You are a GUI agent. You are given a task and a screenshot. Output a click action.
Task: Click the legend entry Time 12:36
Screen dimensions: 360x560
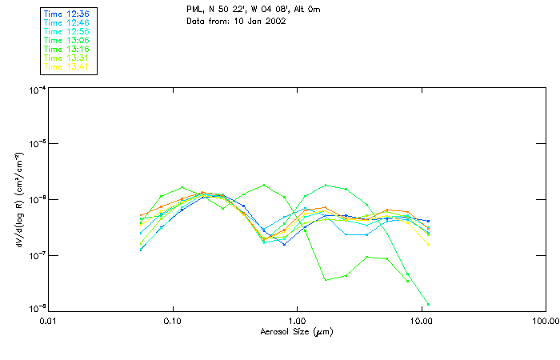[x=66, y=14]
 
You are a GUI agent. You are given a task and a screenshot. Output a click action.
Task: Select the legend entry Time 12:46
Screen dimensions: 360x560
[x=66, y=22]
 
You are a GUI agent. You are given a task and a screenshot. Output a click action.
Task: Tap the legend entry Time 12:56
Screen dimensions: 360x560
[x=66, y=31]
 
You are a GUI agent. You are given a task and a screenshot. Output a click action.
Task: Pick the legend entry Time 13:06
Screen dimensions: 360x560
[x=66, y=40]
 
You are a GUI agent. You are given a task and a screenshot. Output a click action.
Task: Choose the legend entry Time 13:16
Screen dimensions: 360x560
[x=66, y=49]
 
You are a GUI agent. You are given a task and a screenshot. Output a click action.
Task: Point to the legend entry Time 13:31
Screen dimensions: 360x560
[x=66, y=58]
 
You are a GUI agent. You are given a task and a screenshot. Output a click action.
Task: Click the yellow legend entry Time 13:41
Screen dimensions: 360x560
[x=66, y=66]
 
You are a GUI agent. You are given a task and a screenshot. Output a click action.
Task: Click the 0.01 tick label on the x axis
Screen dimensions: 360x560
[x=49, y=321]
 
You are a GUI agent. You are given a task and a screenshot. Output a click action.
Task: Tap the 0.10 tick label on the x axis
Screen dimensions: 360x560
[x=173, y=321]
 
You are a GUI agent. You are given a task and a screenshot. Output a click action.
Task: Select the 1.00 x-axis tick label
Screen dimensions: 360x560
[x=297, y=321]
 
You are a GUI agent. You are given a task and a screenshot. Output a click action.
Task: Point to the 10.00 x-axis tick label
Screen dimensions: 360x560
[x=421, y=321]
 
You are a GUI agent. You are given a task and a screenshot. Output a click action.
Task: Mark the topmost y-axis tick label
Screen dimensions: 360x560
[x=36, y=90]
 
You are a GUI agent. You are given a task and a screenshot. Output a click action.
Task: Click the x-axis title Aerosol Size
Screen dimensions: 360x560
[x=296, y=331]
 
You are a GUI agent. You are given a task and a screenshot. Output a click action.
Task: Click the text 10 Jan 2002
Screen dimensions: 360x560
[x=258, y=21]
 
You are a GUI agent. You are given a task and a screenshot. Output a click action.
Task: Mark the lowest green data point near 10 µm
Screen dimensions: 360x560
[x=428, y=304]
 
